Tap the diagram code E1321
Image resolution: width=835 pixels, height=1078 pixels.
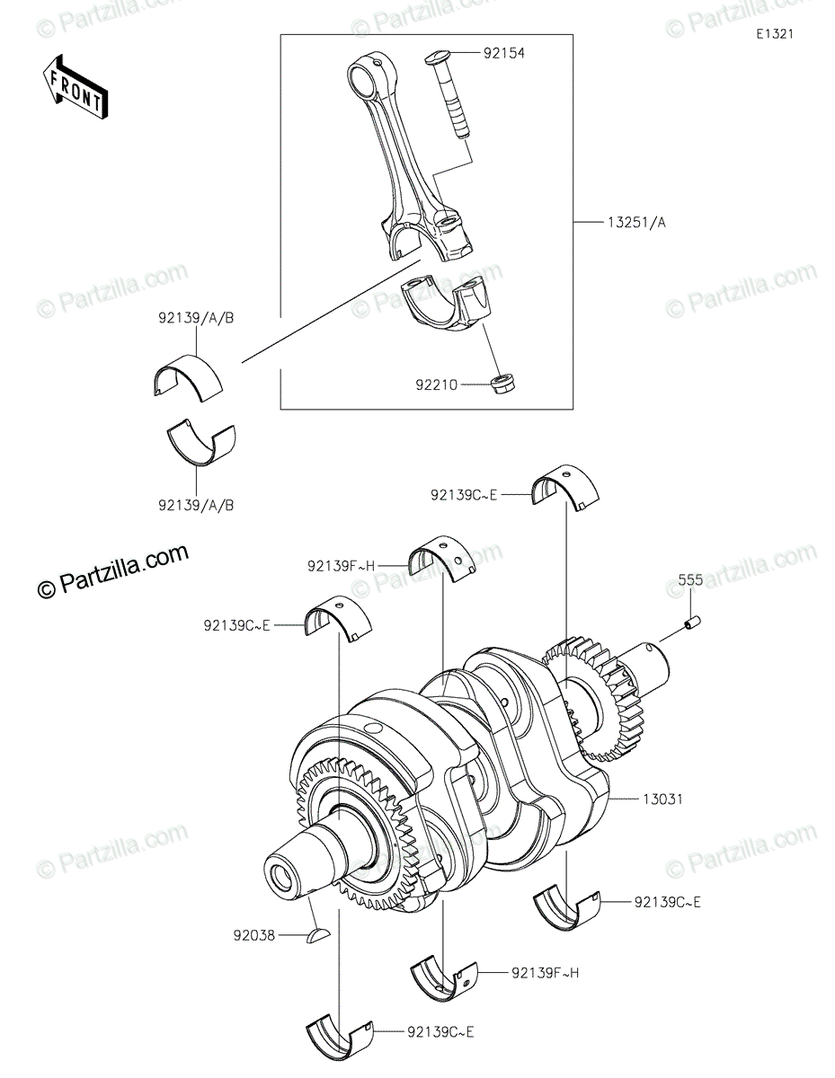[775, 34]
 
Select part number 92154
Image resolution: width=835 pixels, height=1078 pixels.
[503, 53]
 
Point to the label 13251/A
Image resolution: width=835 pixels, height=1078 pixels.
[636, 223]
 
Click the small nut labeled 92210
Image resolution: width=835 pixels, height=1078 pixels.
[503, 383]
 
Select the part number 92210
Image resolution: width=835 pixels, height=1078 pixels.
[436, 385]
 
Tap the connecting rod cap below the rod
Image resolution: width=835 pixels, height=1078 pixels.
[446, 305]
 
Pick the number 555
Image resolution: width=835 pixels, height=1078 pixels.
[690, 579]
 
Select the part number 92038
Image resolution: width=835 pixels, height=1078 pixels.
[254, 936]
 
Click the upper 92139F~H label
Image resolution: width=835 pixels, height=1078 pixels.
[341, 566]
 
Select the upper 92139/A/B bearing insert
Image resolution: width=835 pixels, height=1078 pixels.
[188, 377]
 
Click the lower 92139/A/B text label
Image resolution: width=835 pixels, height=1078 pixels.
[196, 506]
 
